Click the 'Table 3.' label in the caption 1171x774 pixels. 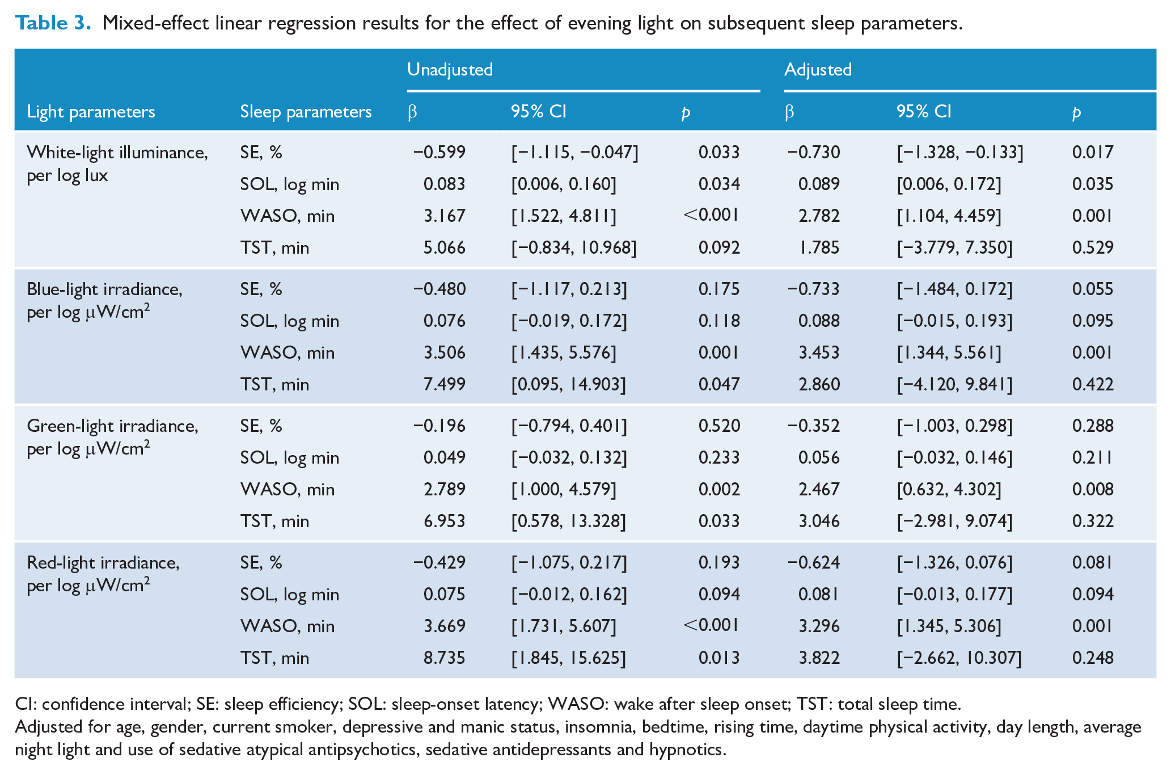coord(53,23)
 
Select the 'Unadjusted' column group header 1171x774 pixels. coord(450,69)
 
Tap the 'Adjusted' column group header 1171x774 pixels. coord(818,69)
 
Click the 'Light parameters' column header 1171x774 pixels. coord(91,111)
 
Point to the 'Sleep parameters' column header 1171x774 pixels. coord(306,111)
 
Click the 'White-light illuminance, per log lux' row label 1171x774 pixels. coord(117,163)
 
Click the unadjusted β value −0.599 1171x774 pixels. coord(439,152)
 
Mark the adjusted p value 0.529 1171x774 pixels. coord(1093,247)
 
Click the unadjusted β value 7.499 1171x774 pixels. coord(445,384)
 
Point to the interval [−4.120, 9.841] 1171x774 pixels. coord(954,384)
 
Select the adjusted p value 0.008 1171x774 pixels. coord(1093,489)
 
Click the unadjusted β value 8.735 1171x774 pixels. coord(445,658)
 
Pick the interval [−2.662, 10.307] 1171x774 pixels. coord(959,658)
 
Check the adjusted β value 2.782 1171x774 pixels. coord(819,216)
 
